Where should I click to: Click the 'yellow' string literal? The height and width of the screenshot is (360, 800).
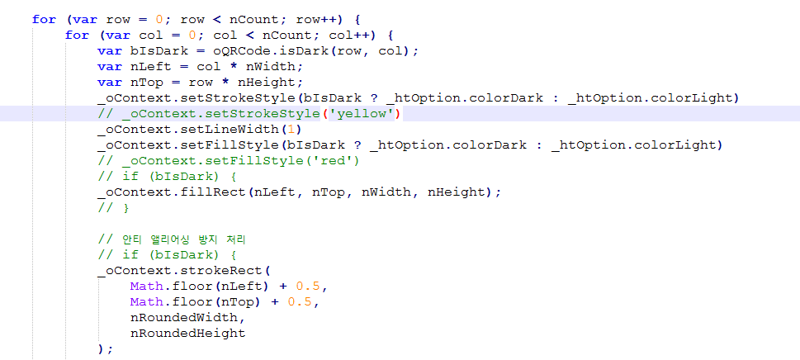[x=365, y=113]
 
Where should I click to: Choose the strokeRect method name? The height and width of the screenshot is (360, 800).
[x=223, y=270]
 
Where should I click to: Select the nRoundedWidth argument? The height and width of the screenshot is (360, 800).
[x=187, y=317]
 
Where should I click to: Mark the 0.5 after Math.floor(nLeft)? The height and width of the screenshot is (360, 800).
[x=307, y=286]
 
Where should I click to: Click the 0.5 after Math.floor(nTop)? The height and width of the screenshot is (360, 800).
[x=300, y=301]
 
